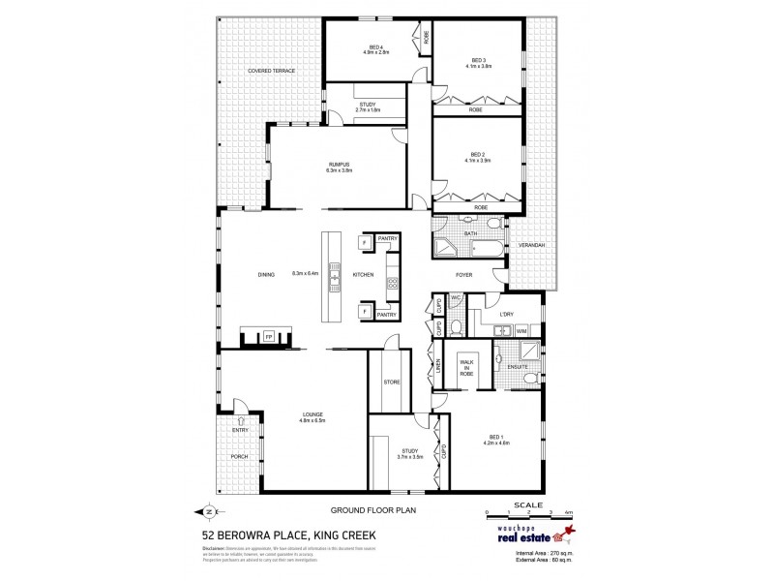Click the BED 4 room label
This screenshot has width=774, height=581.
point(375,47)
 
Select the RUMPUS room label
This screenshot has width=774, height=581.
point(338,167)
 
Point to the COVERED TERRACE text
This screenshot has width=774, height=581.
point(271,72)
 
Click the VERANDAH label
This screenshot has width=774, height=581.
point(531,246)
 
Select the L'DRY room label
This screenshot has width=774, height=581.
point(505,315)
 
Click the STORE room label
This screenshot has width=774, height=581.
point(392,382)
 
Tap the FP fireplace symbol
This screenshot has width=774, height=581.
point(269,338)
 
